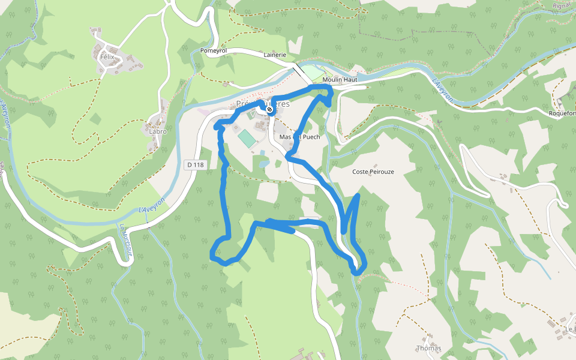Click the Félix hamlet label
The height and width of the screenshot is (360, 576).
pos(107,57)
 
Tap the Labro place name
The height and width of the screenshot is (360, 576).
pos(157,131)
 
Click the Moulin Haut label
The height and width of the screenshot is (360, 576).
pos(340,79)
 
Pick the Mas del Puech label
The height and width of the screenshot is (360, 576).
pos(299,137)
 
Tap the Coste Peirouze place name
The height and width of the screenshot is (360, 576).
pos(373,172)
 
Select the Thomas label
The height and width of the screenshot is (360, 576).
pos(428,348)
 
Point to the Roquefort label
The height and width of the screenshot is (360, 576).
pos(562,113)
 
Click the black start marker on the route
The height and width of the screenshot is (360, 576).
pos(270,109)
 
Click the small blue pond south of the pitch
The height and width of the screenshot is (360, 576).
pos(263,162)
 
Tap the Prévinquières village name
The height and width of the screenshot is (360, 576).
pos(262,103)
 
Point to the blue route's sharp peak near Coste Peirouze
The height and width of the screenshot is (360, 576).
pos(358,195)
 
